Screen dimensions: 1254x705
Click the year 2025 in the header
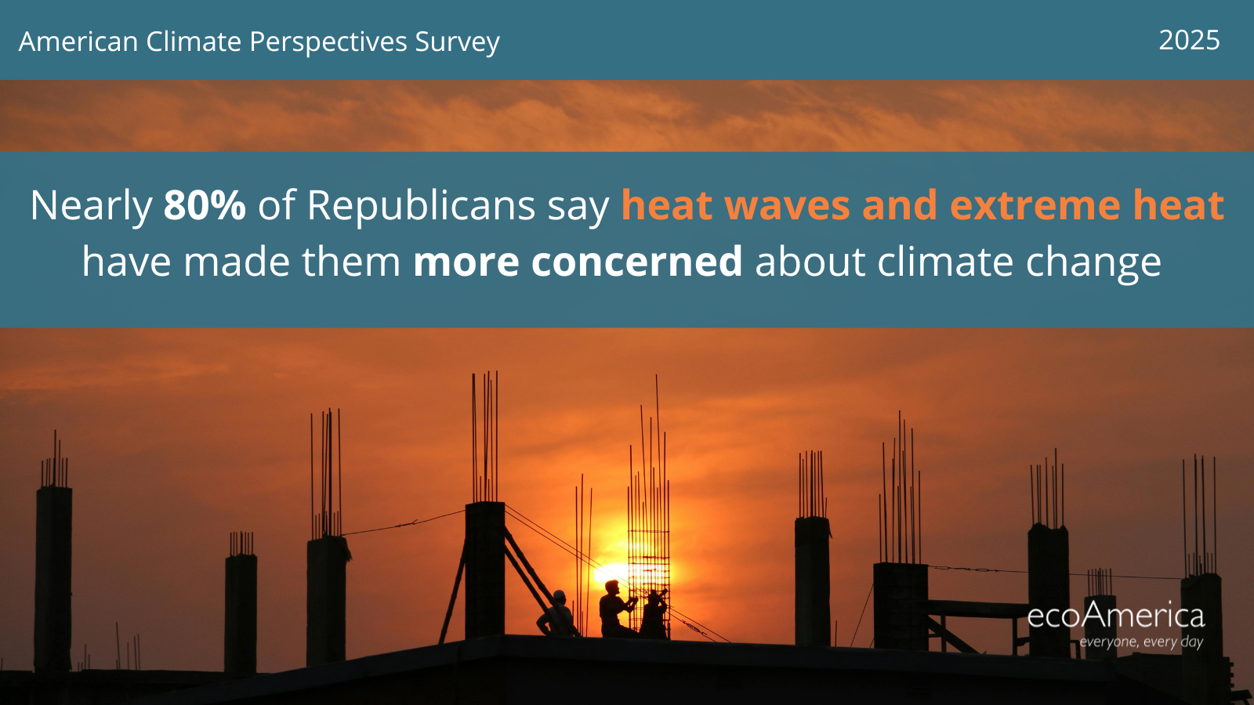click(1189, 40)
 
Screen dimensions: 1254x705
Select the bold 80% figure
click(205, 205)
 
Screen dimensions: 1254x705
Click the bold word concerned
click(636, 262)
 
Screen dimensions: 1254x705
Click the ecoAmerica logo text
click(1116, 616)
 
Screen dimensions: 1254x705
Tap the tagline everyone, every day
click(1141, 642)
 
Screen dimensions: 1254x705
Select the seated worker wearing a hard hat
click(558, 614)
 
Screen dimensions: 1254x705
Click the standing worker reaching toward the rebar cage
click(616, 609)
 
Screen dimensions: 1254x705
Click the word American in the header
click(78, 42)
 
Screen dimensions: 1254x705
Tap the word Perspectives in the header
click(328, 42)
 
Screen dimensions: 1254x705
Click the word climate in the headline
click(945, 262)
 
